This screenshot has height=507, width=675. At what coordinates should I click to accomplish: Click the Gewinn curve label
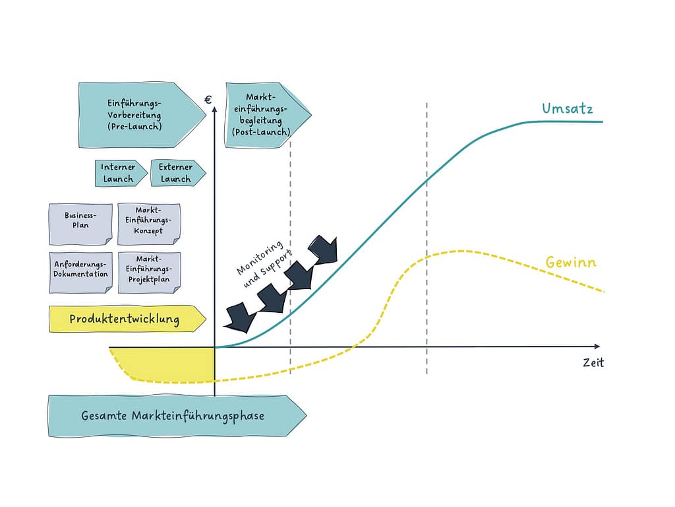pos(570,262)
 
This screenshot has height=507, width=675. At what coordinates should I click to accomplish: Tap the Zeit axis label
pos(593,362)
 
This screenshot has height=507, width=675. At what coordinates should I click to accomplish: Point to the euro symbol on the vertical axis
pos(208,100)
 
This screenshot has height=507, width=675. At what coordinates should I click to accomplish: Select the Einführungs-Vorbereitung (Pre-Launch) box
pos(135,114)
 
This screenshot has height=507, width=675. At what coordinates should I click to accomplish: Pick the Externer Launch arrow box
pos(176,173)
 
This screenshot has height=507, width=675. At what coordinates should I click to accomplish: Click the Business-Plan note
pos(80,220)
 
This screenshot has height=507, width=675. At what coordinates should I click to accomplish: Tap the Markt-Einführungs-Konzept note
pos(148,220)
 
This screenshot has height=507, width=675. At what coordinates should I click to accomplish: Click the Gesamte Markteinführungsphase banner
pos(173,416)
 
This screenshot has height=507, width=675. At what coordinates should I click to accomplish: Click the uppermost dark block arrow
pos(323,249)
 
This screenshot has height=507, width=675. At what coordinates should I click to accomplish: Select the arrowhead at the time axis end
pos(597,346)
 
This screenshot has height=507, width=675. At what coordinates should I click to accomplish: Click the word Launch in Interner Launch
pos(118,179)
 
